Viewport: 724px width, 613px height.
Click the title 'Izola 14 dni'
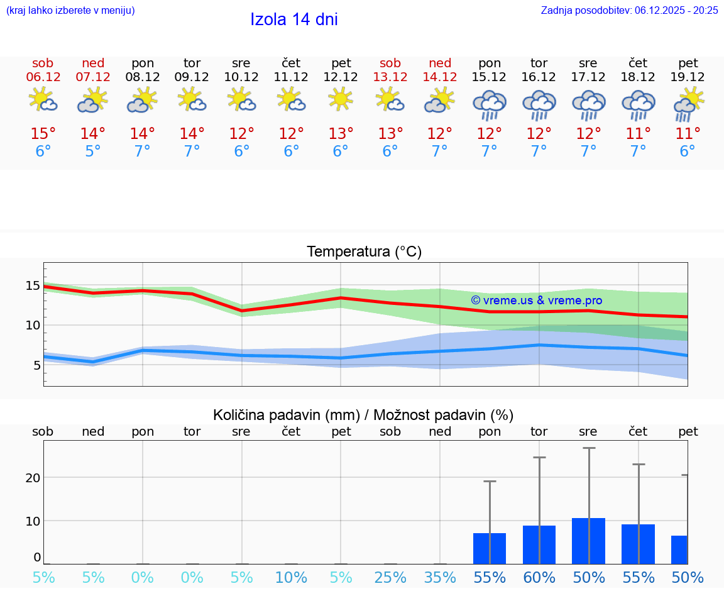293,19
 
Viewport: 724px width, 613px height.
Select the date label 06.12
43,77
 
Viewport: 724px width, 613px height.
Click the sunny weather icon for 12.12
341,99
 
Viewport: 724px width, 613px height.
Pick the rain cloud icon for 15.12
490,104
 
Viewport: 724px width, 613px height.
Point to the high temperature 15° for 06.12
43,133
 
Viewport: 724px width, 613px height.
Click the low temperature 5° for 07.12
92,152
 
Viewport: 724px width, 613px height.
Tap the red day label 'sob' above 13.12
390,63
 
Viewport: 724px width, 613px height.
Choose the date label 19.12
688,77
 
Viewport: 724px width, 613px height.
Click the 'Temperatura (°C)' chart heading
364,252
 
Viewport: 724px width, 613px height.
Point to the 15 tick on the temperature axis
33,286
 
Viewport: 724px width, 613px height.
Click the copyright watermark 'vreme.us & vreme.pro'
536,301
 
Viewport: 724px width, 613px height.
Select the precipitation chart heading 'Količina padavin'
363,415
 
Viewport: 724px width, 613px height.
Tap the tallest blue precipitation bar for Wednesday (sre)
588,541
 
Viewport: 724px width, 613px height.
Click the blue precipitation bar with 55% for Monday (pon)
490,548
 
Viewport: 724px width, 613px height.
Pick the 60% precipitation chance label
539,577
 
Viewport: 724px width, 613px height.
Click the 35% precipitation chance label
440,577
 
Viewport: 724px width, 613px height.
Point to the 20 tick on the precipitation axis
33,477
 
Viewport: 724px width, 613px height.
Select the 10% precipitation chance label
291,577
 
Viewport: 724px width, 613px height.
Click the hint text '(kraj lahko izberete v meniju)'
70,10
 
